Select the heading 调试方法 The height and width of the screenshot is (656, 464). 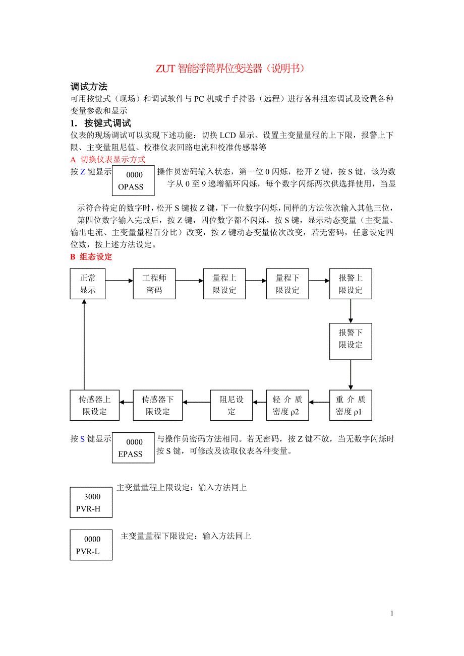coord(89,87)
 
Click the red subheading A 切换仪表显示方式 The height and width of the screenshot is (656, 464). coord(108,160)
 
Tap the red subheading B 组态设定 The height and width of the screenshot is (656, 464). coord(91,257)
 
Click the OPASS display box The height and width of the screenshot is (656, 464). coord(133,181)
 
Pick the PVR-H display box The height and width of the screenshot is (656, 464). coord(91,503)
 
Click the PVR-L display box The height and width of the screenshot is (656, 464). coord(91,545)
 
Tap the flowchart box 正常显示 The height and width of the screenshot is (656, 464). coord(87,284)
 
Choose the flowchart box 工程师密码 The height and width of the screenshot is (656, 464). coord(154,284)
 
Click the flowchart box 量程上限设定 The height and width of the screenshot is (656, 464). coord(224,284)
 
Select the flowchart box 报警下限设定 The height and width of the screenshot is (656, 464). coord(351,339)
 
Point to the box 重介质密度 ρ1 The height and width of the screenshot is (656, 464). coord(351,406)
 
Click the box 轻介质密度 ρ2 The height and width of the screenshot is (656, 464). coord(287,406)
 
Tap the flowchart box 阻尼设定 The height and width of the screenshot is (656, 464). coord(231,406)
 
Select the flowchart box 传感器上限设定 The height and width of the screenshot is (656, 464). coord(95,406)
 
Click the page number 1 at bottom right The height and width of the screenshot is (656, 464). coord(392,613)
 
